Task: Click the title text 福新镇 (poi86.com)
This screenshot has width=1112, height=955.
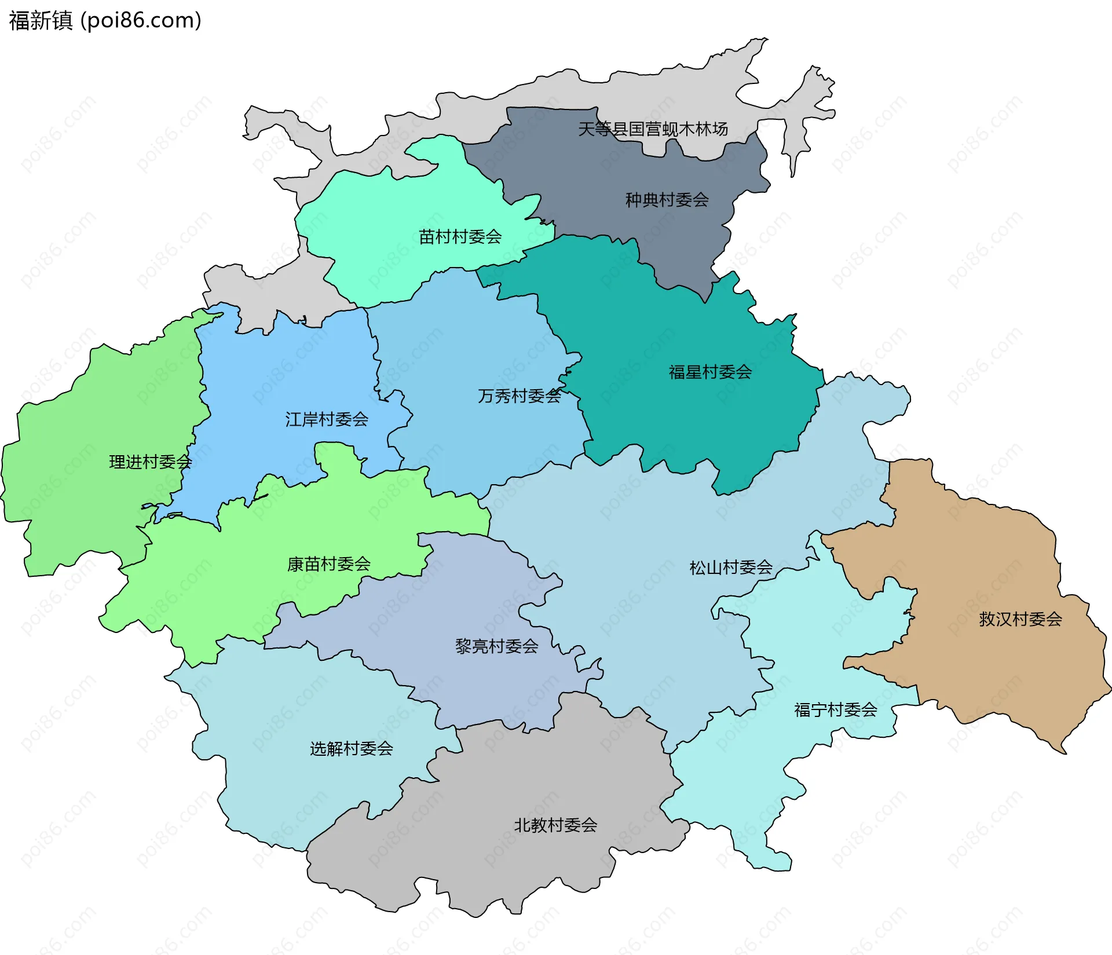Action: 105,20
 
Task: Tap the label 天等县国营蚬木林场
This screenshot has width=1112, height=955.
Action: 653,129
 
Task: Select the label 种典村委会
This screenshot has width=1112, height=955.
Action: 667,200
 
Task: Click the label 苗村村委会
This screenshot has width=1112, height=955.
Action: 460,236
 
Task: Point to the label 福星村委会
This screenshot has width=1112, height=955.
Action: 710,372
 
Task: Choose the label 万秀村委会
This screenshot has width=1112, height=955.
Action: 519,396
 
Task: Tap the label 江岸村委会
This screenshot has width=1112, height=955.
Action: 327,419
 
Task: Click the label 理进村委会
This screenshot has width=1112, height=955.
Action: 151,462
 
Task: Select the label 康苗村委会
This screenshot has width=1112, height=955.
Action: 328,564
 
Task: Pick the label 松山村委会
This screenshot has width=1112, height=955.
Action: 731,568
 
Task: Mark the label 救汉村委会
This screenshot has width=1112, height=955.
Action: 1020,619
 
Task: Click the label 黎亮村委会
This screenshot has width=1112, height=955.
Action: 496,646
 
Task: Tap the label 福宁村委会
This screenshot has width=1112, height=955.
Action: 835,709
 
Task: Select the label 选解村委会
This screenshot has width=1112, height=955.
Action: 351,748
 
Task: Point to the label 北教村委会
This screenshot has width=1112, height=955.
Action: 555,825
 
